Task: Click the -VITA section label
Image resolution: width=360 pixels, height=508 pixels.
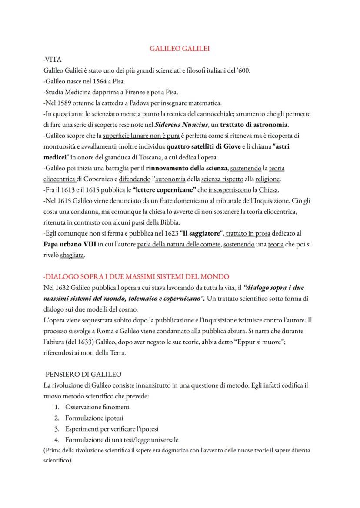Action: (x=53, y=60)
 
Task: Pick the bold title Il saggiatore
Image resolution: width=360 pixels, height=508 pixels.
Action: (x=200, y=233)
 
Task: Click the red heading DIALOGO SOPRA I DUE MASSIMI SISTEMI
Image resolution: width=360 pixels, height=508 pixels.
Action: (x=137, y=276)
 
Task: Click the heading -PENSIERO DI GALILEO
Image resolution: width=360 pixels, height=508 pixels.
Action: (x=83, y=374)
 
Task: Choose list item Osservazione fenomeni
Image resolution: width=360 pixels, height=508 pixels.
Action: (x=98, y=407)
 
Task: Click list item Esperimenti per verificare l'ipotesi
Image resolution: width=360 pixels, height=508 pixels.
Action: (x=112, y=429)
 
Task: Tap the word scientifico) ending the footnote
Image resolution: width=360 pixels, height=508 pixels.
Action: (x=57, y=460)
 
